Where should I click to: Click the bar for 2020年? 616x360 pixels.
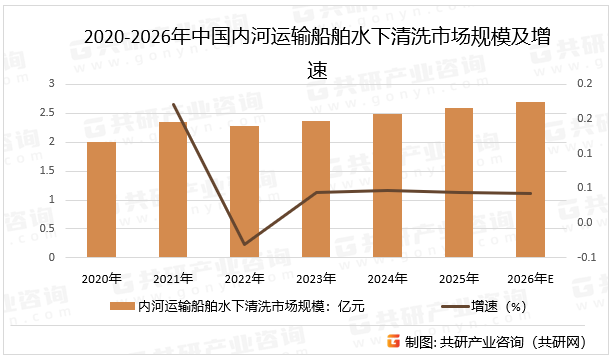(101, 199)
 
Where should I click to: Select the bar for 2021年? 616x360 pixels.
(173, 189)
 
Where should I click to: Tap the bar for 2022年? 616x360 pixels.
(244, 191)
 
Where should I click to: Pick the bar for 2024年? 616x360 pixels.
(387, 185)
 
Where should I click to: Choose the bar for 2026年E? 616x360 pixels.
(530, 179)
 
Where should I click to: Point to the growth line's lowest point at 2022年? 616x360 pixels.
(244, 244)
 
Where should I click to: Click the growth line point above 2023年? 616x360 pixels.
(316, 192)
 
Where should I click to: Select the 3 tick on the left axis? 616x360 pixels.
(53, 85)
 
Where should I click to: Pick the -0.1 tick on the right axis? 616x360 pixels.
(585, 257)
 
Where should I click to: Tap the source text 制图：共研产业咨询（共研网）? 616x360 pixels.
(505, 341)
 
